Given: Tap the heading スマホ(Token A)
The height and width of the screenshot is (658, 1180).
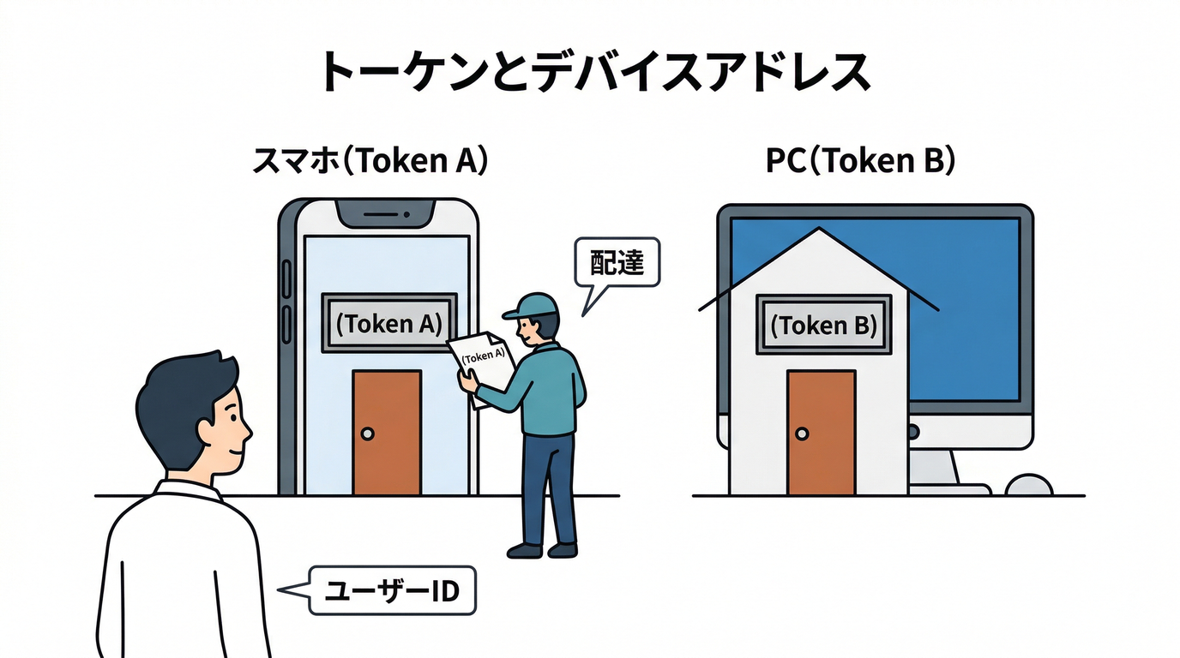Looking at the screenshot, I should tap(370, 161).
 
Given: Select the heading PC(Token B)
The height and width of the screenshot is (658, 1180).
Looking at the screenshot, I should tap(860, 161).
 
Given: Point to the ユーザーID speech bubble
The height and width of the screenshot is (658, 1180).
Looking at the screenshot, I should tap(391, 591).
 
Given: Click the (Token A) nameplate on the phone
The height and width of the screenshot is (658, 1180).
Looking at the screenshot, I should tap(388, 323).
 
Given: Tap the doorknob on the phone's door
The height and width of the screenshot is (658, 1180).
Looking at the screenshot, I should tap(368, 434).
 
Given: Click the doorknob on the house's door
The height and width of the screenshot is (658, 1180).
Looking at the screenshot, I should tap(801, 434).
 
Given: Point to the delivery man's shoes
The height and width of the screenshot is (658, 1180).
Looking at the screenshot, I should tap(542, 549).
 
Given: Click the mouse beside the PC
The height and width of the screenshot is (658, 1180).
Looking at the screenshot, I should tap(1028, 485).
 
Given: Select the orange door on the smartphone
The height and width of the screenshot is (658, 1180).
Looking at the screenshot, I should tap(387, 433).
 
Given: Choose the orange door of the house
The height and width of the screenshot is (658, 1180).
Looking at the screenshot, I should tap(821, 433).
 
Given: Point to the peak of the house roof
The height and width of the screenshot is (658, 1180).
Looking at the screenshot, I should tap(820, 230).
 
